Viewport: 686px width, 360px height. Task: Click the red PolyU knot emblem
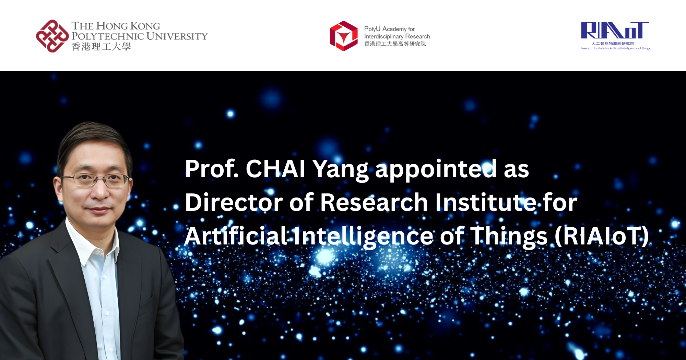pos(52,36)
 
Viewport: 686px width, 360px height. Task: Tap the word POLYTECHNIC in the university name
pos(107,36)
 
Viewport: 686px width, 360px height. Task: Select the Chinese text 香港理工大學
pos(101,47)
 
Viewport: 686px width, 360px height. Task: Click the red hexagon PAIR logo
pos(344,36)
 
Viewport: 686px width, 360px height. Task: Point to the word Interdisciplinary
pos(383,36)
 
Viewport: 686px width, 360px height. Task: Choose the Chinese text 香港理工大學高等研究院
pos(395,44)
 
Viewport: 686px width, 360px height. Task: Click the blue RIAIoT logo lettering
pos(615,31)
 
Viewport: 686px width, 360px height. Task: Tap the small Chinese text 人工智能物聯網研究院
pos(613,44)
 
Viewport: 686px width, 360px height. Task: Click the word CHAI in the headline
pos(275,169)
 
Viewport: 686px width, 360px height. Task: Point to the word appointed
pos(436,169)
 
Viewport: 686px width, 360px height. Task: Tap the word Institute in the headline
pos(485,202)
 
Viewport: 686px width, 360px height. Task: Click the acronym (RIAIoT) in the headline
pos(602,236)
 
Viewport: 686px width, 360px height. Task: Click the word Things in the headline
pos(509,237)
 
